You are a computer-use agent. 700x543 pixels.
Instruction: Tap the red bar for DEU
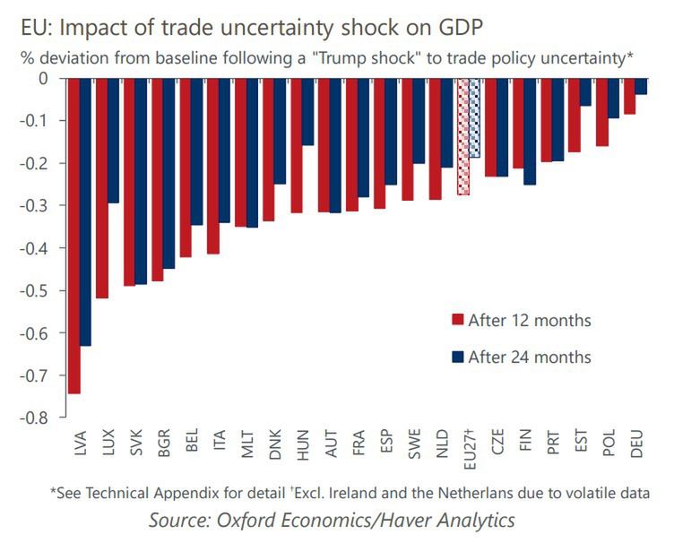(x=629, y=96)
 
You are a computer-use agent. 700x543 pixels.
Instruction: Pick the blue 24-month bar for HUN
(x=307, y=111)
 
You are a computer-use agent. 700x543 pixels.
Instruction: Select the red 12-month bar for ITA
(x=212, y=166)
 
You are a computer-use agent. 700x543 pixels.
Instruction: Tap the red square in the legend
(x=456, y=321)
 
